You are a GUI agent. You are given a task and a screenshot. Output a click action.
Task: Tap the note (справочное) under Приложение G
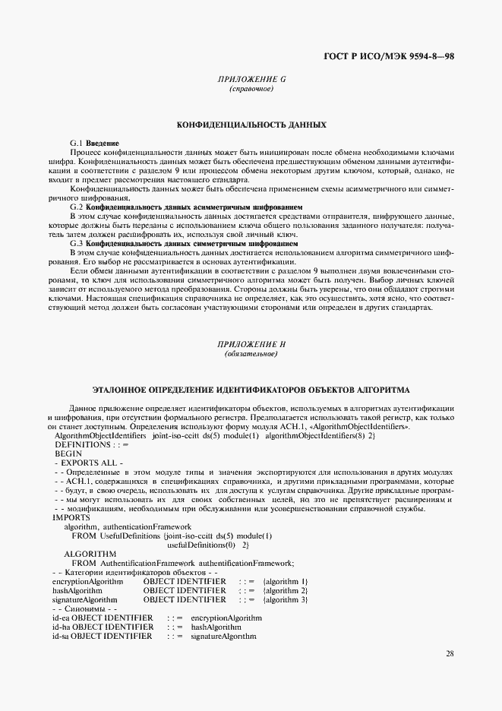(251, 89)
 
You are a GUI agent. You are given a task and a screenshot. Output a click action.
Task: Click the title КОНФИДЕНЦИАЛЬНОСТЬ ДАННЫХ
(251, 123)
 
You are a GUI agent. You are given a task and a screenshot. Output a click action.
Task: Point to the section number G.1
(77, 143)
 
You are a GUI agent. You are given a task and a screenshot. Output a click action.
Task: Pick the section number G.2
(77, 207)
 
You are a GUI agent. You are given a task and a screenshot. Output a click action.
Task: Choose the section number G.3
(77, 243)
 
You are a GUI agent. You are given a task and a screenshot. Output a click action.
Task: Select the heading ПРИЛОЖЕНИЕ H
(251, 344)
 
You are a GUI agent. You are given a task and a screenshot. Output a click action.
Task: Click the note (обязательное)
(251, 354)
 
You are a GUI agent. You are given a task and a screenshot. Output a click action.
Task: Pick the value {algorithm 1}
(285, 581)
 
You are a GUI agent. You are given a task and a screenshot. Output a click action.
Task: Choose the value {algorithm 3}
(285, 599)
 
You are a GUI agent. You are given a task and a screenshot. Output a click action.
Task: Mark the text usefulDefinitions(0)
(199, 545)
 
